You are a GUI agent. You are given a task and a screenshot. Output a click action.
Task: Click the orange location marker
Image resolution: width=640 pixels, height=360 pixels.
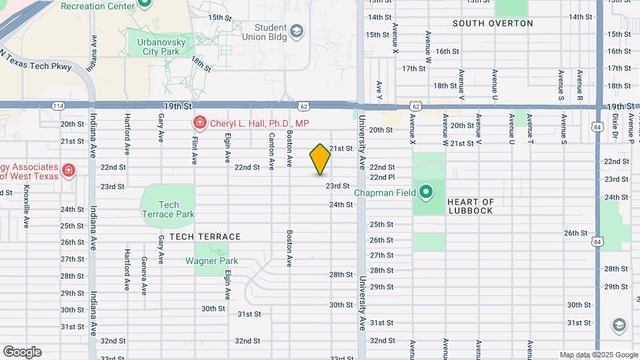[x=320, y=159]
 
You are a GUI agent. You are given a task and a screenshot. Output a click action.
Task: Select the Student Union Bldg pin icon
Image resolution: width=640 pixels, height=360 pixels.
[x=296, y=31]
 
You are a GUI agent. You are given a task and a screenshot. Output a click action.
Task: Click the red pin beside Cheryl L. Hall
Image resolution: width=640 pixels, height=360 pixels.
[x=199, y=123]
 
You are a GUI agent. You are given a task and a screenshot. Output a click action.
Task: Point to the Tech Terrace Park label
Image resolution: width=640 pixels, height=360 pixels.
[x=169, y=209]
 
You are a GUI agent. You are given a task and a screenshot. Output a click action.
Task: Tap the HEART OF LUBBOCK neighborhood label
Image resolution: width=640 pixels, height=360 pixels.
[x=471, y=206]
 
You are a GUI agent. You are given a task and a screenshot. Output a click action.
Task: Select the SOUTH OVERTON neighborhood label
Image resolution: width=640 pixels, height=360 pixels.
[x=493, y=23]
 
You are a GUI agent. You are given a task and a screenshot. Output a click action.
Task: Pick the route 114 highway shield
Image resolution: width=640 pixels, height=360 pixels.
[x=58, y=106]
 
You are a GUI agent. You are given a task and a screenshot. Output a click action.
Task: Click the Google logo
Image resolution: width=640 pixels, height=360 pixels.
[x=22, y=351]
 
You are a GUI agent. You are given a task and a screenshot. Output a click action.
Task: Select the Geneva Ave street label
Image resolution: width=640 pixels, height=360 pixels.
[x=144, y=276]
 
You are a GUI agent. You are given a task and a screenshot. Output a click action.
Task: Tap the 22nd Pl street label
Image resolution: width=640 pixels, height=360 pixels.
[x=383, y=177]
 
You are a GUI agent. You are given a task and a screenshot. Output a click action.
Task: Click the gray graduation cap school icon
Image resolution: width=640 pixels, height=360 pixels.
[x=619, y=325]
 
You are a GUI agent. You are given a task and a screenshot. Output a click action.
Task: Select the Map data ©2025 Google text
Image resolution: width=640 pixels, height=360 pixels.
[x=599, y=355]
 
